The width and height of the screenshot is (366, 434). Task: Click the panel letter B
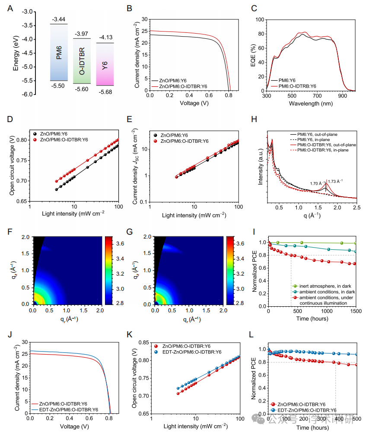point(128,8)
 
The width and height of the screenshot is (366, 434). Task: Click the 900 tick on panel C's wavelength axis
point(342,97)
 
